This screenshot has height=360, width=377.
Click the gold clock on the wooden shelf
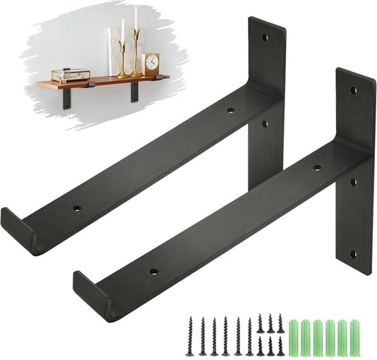click(151, 64)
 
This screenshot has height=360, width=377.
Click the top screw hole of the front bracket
click(353, 90)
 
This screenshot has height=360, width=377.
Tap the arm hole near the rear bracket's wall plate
click(230, 110)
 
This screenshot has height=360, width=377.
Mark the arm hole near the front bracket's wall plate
click(317, 167)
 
